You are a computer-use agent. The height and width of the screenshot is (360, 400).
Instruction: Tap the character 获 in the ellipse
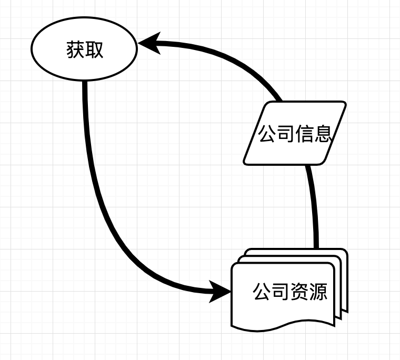76,50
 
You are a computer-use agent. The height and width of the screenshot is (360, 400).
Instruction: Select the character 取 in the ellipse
94,50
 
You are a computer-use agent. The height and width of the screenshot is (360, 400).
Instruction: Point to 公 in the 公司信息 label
267,134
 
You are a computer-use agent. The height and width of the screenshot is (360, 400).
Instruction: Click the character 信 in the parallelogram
304,134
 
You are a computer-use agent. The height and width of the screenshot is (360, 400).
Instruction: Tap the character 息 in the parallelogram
322,134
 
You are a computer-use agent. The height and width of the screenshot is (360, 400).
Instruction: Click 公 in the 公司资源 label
262,292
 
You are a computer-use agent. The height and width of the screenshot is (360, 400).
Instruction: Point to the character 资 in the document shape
298,292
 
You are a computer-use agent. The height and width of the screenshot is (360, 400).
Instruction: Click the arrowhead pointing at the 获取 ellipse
148,43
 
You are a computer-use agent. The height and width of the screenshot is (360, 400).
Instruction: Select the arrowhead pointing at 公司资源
220,291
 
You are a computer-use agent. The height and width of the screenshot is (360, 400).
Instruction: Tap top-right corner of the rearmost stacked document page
346,251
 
